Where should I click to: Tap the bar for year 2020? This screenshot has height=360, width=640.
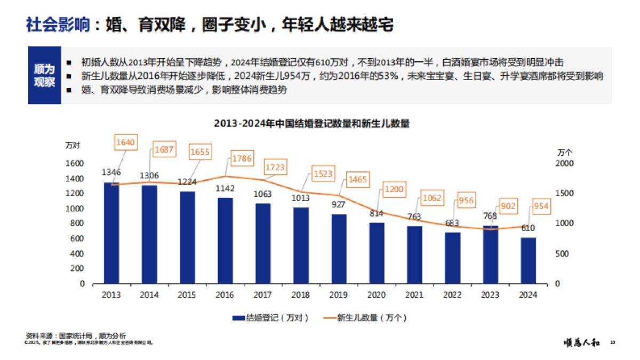click(x=377, y=253)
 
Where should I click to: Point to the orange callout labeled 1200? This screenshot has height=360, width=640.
click(x=394, y=189)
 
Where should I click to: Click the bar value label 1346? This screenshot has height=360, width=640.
click(x=111, y=172)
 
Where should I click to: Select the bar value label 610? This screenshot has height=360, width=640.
click(x=528, y=228)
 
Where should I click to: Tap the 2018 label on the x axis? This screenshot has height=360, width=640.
click(x=301, y=295)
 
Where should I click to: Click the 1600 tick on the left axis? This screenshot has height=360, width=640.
click(x=75, y=163)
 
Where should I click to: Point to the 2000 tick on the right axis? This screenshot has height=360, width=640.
click(x=564, y=163)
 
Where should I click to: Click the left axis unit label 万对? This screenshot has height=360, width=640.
click(x=73, y=145)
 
